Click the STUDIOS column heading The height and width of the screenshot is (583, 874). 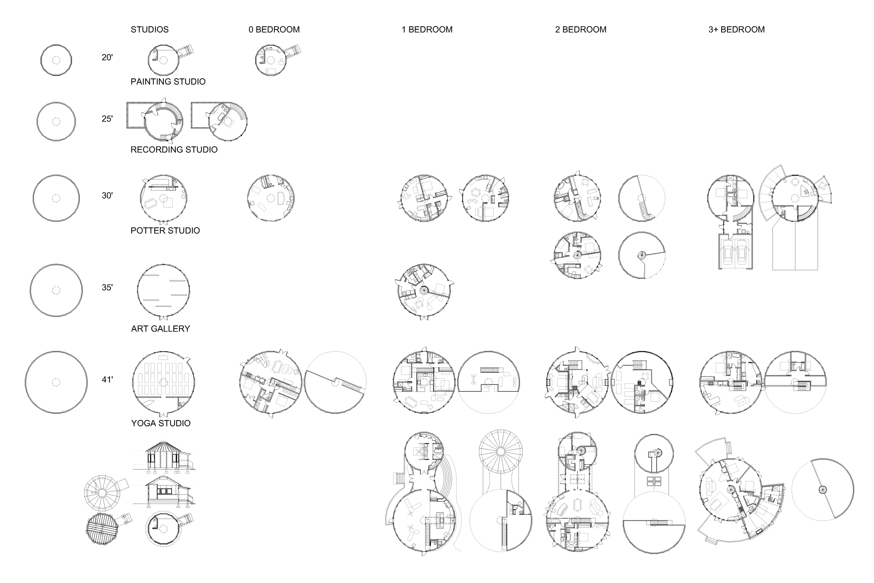(x=149, y=30)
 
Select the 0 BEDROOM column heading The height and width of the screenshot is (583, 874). (x=274, y=30)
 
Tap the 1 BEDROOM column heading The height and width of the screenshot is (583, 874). (x=427, y=30)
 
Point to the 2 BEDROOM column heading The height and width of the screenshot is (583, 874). (x=580, y=30)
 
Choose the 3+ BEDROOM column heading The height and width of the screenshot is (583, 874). (x=736, y=30)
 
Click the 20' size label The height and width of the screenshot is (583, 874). (x=107, y=58)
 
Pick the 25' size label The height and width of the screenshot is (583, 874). (x=107, y=119)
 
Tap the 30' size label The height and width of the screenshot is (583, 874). (x=107, y=195)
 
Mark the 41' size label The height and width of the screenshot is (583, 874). (x=107, y=379)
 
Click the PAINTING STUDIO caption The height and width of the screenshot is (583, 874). (x=168, y=82)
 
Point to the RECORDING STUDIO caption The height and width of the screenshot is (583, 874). (x=174, y=150)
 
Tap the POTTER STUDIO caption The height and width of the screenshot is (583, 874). (x=165, y=231)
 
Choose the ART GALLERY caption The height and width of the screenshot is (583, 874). (x=160, y=329)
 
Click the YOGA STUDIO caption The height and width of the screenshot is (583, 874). (x=160, y=424)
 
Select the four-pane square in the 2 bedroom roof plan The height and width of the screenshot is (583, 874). (x=654, y=481)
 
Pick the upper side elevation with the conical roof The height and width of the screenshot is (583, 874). (x=164, y=457)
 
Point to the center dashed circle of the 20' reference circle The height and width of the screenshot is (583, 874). (x=56, y=60)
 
